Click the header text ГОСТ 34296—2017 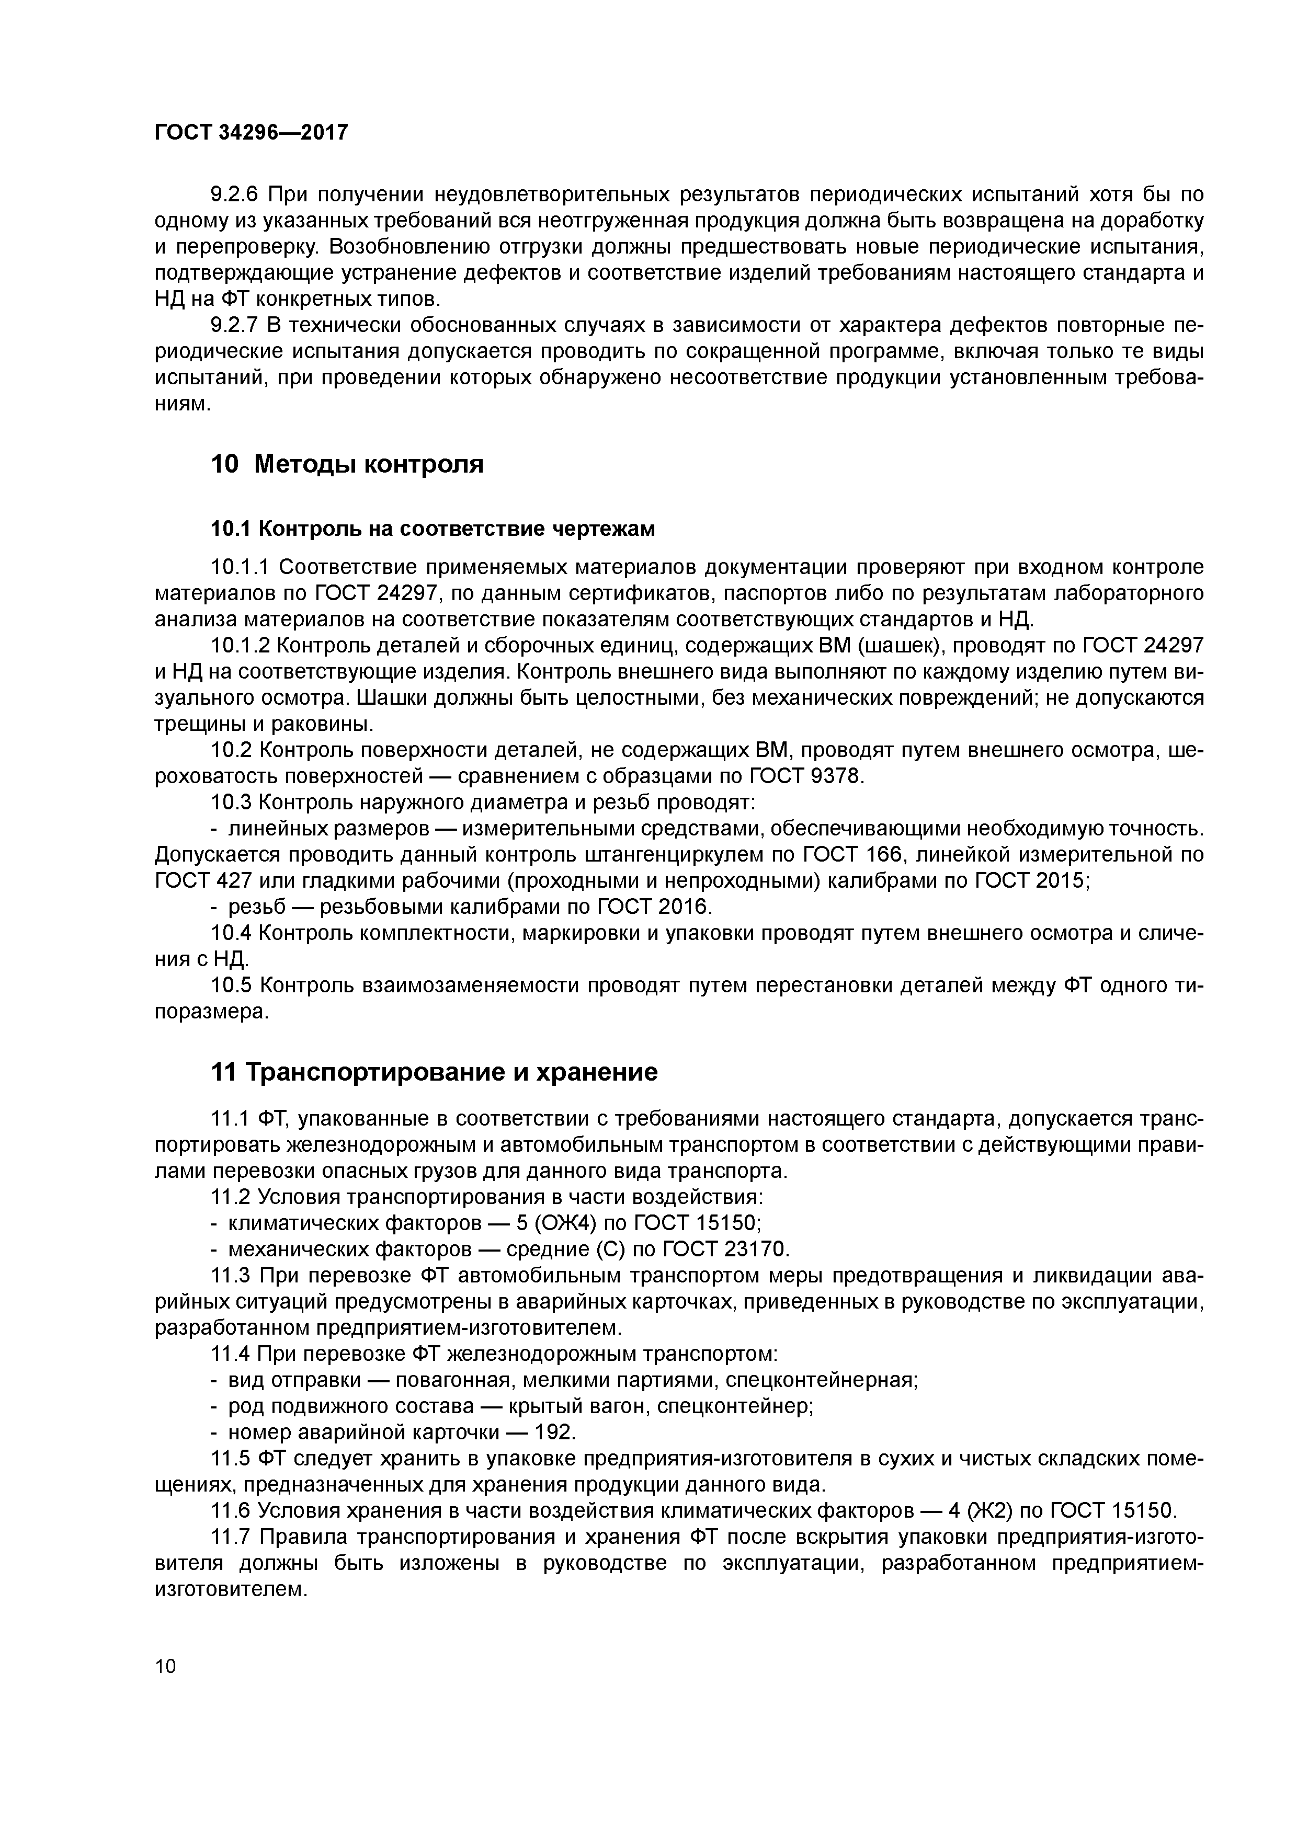251,133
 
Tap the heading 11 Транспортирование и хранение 434,1072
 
